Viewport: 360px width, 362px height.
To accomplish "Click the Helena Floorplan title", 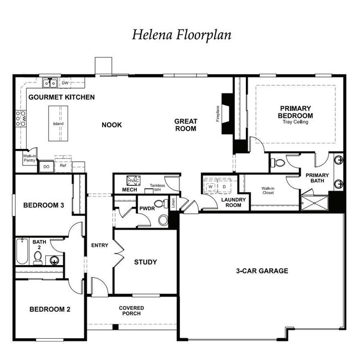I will [181, 34].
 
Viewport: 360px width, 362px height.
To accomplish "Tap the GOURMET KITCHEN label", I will [61, 97].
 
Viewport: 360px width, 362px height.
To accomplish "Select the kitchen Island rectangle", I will [58, 123].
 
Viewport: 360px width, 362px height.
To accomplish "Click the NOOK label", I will [111, 125].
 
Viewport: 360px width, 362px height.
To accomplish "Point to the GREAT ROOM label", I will [186, 125].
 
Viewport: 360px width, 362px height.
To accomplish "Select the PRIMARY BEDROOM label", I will [295, 112].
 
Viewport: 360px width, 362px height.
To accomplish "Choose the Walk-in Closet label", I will [269, 191].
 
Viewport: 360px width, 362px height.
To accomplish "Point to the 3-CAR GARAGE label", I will [262, 271].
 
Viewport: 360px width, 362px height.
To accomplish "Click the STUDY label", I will [145, 262].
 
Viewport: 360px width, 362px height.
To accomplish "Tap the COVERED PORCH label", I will [131, 311].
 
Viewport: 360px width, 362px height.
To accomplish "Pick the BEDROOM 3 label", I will [44, 205].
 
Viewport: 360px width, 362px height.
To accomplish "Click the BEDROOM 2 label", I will [49, 309].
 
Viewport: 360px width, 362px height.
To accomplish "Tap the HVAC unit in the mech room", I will [133, 181].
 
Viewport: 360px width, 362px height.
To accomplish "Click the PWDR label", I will [147, 208].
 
